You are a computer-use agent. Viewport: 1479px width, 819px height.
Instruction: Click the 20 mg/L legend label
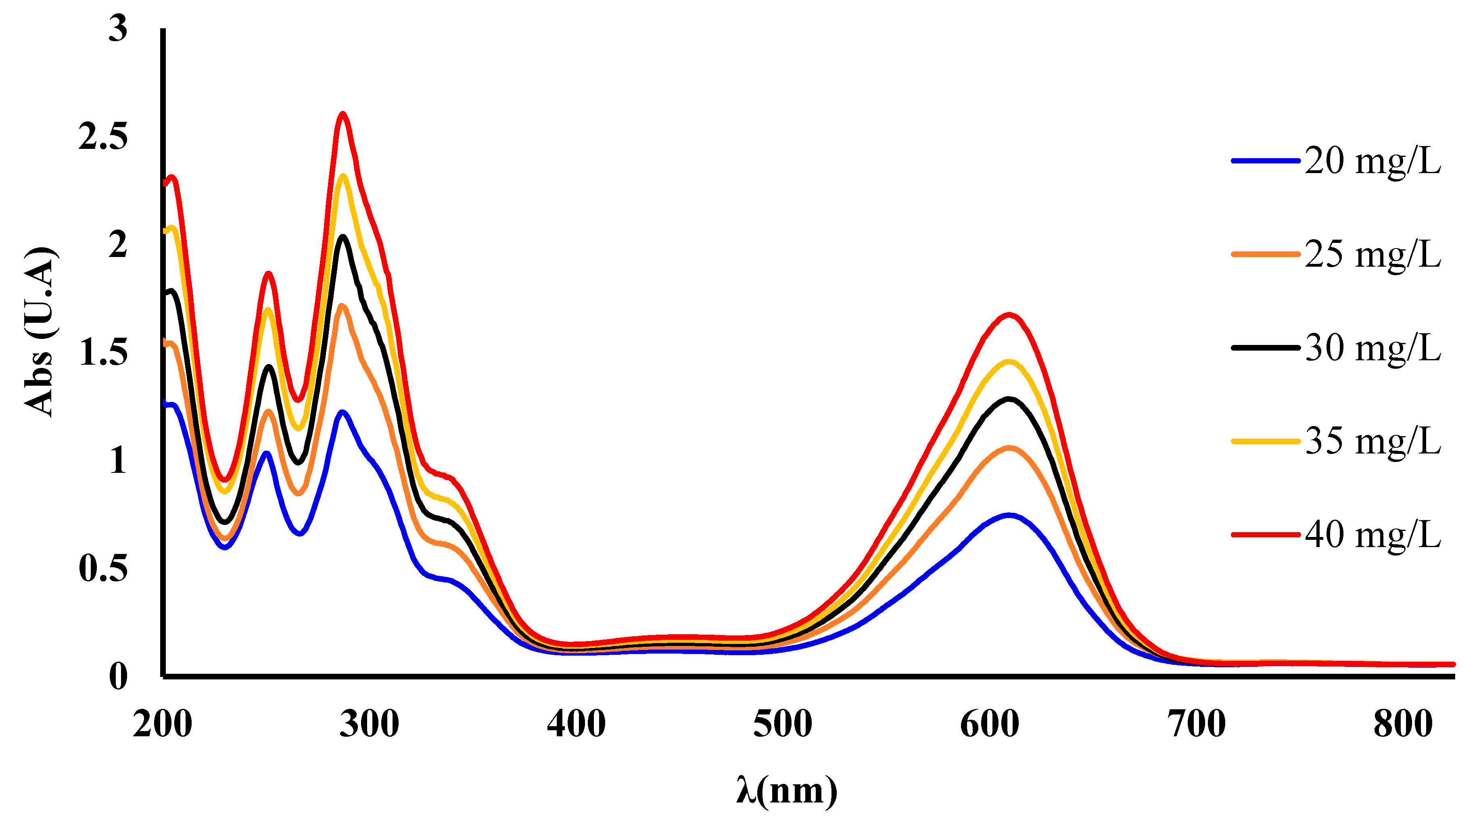(x=1372, y=161)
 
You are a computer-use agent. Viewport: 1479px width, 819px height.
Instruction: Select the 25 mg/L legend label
(x=1372, y=255)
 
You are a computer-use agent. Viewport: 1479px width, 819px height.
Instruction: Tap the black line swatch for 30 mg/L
(x=1265, y=347)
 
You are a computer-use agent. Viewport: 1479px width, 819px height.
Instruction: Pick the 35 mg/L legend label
(x=1372, y=441)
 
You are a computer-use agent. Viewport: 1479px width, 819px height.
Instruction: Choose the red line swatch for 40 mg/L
(x=1265, y=534)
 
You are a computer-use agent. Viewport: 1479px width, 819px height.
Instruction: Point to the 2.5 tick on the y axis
(x=103, y=137)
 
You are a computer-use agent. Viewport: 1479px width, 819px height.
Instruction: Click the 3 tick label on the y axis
(x=118, y=29)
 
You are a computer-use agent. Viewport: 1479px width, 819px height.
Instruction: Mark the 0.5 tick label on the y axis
(x=103, y=568)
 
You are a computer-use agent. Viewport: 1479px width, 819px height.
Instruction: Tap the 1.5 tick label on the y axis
(x=103, y=352)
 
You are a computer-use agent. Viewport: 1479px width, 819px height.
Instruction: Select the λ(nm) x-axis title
(x=787, y=791)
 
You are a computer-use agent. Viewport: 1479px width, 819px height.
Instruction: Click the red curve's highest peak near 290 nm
(x=343, y=114)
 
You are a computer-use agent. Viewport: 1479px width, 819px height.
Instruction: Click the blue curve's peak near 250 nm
(x=266, y=453)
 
